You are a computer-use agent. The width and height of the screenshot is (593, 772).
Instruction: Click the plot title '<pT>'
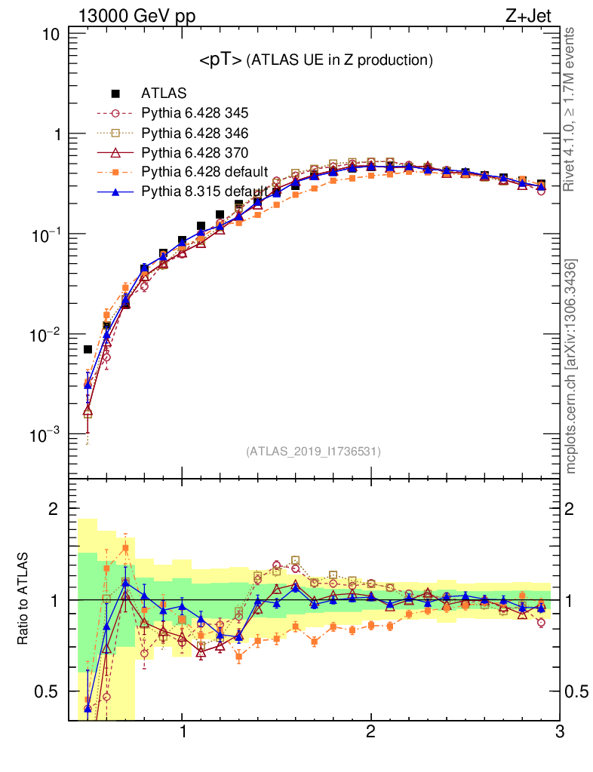220,61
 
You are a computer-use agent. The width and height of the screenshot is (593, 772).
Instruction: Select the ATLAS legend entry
164,94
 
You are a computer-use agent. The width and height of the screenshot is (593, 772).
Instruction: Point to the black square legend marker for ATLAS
115,94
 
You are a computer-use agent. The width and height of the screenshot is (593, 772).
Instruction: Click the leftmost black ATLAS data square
88,349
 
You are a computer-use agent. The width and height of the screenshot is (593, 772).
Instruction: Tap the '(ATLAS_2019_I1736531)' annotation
313,452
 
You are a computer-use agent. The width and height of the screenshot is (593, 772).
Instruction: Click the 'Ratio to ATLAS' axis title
24,598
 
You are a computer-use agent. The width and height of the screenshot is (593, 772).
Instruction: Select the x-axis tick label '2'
370,732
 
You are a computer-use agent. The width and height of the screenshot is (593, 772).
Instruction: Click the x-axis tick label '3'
558,732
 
